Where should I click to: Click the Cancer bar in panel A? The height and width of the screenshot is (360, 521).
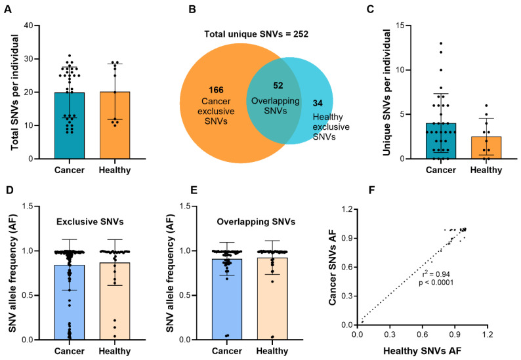(x=70, y=125)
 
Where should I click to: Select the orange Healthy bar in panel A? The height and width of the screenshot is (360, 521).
(x=115, y=125)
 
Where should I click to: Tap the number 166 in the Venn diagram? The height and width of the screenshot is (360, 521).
(x=216, y=90)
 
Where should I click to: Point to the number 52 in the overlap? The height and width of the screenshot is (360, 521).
(x=278, y=86)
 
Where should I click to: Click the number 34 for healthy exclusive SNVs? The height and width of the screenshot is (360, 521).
(x=318, y=104)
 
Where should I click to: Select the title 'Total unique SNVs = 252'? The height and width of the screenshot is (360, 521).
(x=256, y=34)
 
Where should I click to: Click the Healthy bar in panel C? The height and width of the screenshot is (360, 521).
(x=486, y=148)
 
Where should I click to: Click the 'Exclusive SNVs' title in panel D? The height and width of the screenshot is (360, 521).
(x=90, y=222)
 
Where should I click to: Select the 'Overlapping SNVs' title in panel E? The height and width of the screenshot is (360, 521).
(x=256, y=222)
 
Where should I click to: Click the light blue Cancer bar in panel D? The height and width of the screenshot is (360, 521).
(x=70, y=302)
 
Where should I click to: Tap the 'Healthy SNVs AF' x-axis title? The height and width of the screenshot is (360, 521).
(x=423, y=351)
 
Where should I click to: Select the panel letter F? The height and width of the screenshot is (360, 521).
(x=372, y=190)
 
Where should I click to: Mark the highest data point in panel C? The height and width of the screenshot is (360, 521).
(x=441, y=43)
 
